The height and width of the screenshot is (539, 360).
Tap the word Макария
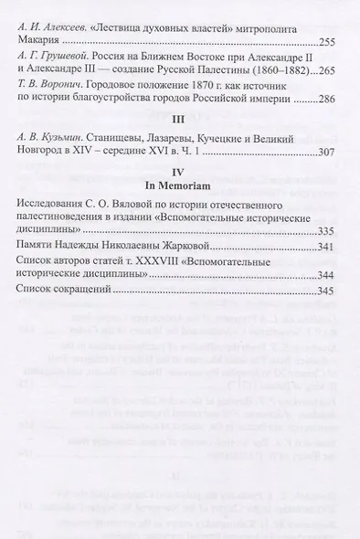click(x=42, y=43)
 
